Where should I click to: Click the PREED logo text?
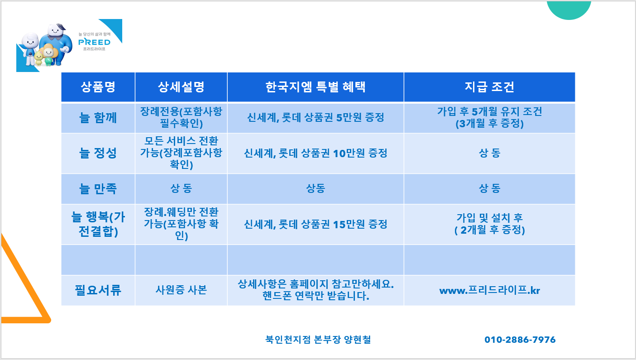(94, 42)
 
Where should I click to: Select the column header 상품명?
(98, 87)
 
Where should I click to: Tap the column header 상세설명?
(181, 87)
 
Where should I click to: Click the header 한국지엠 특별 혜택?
(316, 87)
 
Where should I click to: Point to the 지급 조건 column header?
(489, 87)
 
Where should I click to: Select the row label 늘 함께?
(98, 118)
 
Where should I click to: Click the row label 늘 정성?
(98, 153)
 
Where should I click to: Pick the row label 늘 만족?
(98, 188)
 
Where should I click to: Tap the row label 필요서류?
(98, 290)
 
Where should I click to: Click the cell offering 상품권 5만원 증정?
(316, 117)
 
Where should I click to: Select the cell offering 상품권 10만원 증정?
(316, 154)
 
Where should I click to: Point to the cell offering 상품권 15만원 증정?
(316, 225)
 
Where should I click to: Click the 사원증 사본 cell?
(181, 290)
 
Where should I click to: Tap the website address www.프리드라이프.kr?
(489, 290)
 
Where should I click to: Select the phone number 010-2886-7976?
(520, 340)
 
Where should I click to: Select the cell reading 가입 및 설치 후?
(489, 218)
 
